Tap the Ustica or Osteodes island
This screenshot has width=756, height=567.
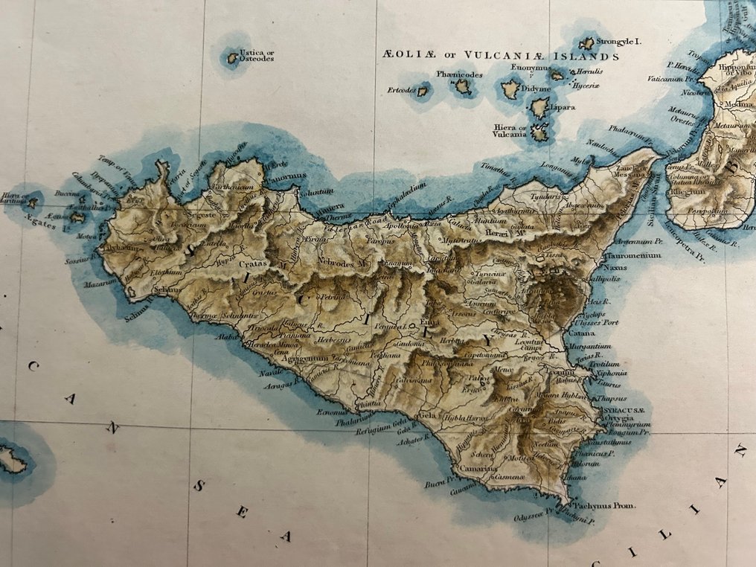point(232,57)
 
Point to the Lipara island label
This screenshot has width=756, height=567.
point(563,108)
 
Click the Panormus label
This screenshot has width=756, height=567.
point(287,176)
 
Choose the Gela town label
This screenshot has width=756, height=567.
point(427,414)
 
